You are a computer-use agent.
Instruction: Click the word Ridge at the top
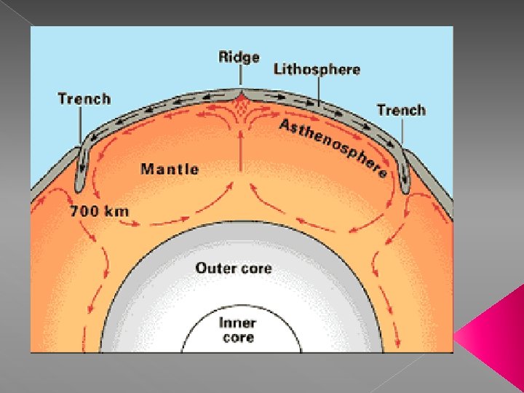tap(239, 57)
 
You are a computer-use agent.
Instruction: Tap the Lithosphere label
tap(317, 70)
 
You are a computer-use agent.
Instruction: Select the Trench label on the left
tap(84, 99)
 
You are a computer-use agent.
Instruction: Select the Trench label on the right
tap(401, 111)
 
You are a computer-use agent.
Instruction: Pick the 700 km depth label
tap(100, 213)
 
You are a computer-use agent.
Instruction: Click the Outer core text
tap(233, 268)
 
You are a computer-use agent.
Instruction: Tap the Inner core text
tap(238, 330)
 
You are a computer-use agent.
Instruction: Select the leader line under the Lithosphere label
tap(318, 90)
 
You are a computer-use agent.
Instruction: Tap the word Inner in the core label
tap(237, 323)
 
